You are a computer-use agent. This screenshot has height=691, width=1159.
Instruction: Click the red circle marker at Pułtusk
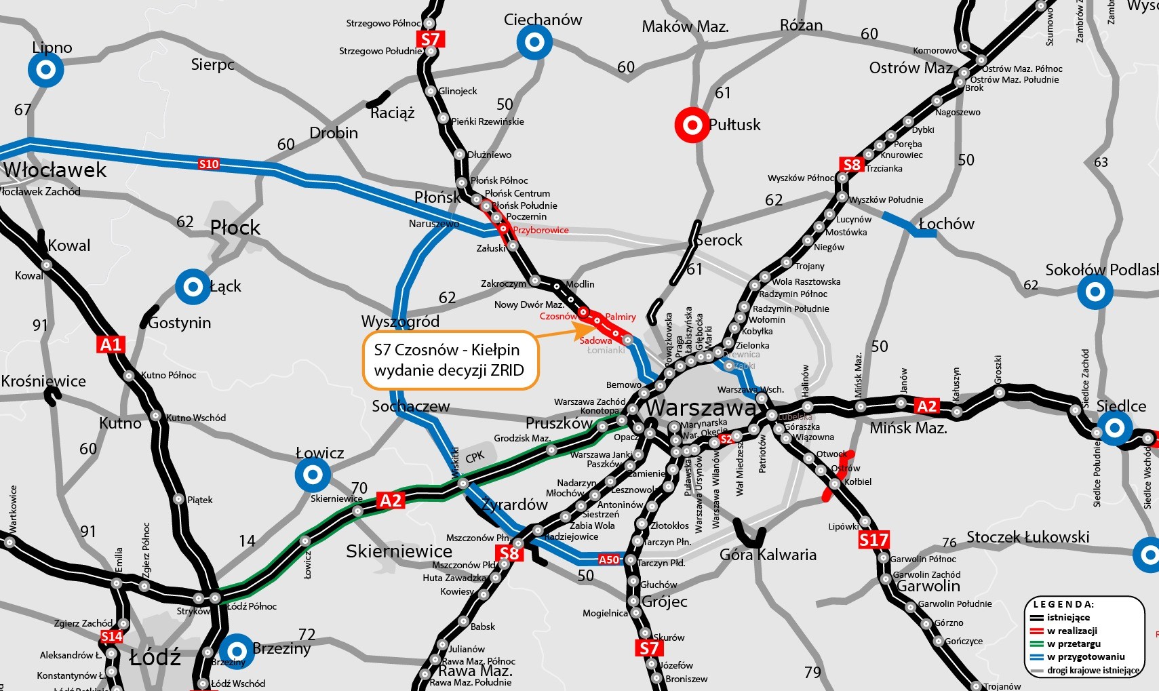pyautogui.click(x=692, y=125)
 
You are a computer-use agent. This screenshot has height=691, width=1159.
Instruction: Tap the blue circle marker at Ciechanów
pyautogui.click(x=534, y=42)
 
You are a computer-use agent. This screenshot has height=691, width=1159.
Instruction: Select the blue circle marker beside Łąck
pyautogui.click(x=193, y=287)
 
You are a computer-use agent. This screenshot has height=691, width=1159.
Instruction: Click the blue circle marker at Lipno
pyautogui.click(x=46, y=70)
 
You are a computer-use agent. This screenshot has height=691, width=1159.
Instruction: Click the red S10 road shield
pyautogui.click(x=209, y=163)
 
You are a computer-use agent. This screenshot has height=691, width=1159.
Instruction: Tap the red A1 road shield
pyautogui.click(x=111, y=345)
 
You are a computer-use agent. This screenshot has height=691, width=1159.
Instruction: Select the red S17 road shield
pyautogui.click(x=873, y=540)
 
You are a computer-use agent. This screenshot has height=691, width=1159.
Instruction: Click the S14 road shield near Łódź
pyautogui.click(x=111, y=636)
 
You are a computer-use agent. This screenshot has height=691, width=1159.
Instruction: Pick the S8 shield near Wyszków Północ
pyautogui.click(x=851, y=165)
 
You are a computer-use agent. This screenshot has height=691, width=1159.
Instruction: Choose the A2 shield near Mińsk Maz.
pyautogui.click(x=926, y=406)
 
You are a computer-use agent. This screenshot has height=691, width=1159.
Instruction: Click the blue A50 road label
pyautogui.click(x=609, y=559)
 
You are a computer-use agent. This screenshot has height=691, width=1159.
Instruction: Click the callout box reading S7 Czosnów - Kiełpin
pyautogui.click(x=450, y=360)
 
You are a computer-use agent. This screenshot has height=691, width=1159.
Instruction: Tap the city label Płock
pyautogui.click(x=235, y=227)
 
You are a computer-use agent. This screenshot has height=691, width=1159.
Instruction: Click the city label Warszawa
pyautogui.click(x=701, y=408)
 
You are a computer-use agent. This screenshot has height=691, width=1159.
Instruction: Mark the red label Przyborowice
pyautogui.click(x=541, y=230)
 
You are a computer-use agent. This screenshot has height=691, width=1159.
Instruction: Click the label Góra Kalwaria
pyautogui.click(x=768, y=555)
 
